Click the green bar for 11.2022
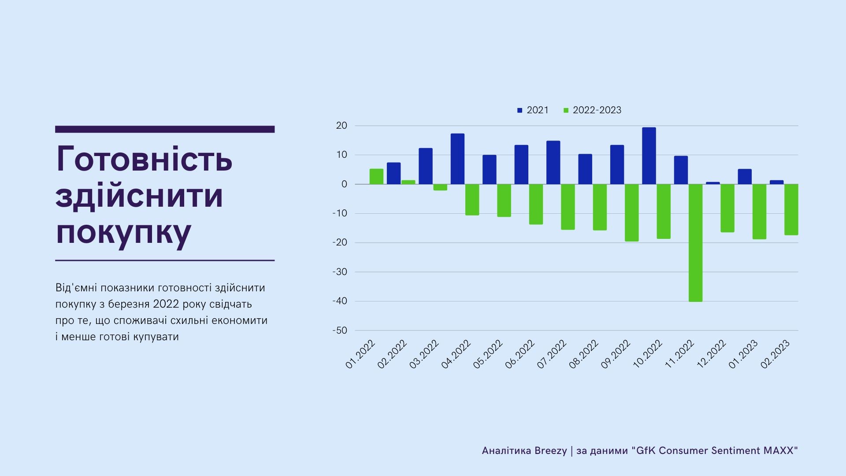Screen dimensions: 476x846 [695, 243]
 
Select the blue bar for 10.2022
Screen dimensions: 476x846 [649, 156]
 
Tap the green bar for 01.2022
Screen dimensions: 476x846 [376, 176]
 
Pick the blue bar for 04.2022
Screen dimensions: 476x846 [457, 159]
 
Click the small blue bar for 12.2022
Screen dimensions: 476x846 [712, 183]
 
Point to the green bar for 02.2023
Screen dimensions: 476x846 [791, 209]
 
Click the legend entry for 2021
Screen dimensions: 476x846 [533, 110]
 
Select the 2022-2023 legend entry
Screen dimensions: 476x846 [592, 110]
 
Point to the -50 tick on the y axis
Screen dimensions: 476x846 [340, 331]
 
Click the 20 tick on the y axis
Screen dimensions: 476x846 [341, 126]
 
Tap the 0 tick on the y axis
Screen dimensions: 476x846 [344, 184]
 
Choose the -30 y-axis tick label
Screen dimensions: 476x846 [340, 272]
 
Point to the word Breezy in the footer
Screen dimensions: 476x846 [550, 451]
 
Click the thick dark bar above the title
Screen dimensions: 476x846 [165, 129]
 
